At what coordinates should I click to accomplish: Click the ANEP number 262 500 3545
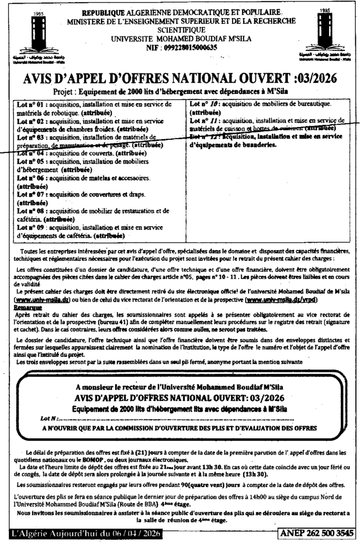pyautogui.click(x=316, y=533)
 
